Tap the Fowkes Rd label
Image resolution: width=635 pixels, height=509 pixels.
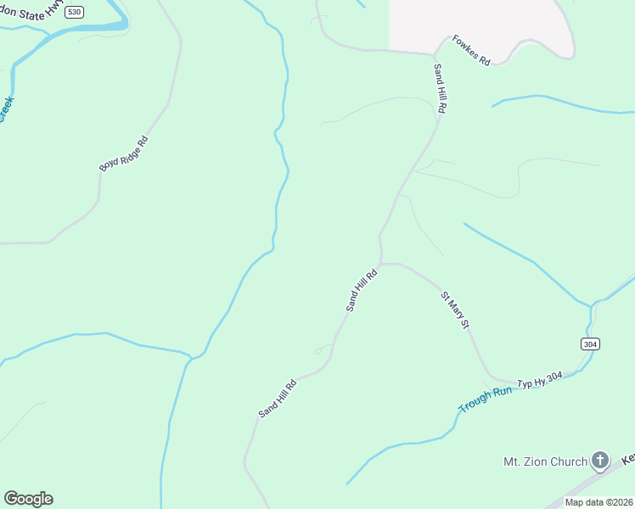coord(471,51)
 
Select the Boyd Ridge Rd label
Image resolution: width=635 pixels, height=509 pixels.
coord(124,154)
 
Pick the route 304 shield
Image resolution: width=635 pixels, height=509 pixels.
coord(591,344)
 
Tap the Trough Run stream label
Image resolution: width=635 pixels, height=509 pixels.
coord(485,400)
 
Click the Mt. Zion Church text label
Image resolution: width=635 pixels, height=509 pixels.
coord(545,461)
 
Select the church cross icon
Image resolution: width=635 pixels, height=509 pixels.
coord(600,461)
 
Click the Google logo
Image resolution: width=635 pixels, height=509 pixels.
coord(28,499)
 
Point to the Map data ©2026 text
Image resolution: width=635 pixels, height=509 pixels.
coord(598,502)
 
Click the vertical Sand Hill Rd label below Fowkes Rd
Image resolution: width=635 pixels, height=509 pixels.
coord(440,88)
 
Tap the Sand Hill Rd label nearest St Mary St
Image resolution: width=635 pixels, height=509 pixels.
coord(361,290)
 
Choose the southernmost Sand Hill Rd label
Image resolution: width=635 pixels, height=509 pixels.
coord(278,398)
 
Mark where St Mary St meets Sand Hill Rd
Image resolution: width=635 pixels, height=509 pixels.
coord(381,264)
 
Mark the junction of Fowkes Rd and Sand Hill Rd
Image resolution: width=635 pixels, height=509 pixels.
coord(432,54)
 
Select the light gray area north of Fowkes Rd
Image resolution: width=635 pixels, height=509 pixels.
coord(475,21)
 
